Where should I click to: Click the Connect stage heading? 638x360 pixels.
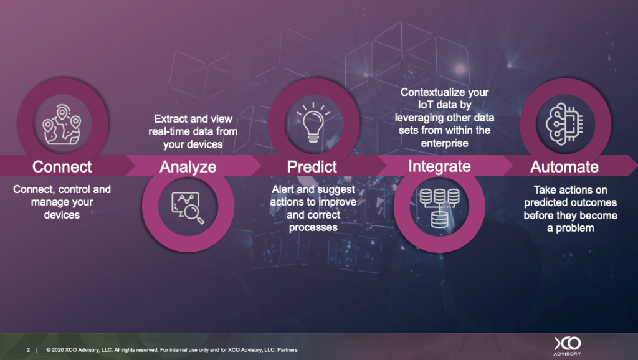62,167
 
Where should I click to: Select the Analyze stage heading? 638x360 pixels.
188,167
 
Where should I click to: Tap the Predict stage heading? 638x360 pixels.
312,167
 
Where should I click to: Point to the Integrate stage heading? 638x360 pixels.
439,167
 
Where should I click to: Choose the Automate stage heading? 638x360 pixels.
564,167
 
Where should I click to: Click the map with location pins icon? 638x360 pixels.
62,125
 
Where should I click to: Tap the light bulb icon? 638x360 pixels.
313,123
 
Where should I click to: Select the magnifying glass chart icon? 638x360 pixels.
188,207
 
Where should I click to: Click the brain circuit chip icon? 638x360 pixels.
564,124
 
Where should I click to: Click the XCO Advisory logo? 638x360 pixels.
568,346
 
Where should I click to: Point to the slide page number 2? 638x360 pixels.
29,350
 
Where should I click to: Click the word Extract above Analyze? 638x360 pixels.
169,119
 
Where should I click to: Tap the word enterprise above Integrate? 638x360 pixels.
444,143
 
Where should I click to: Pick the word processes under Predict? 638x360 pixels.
313,227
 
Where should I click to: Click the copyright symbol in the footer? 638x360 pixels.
49,350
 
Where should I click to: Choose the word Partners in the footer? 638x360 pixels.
287,350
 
